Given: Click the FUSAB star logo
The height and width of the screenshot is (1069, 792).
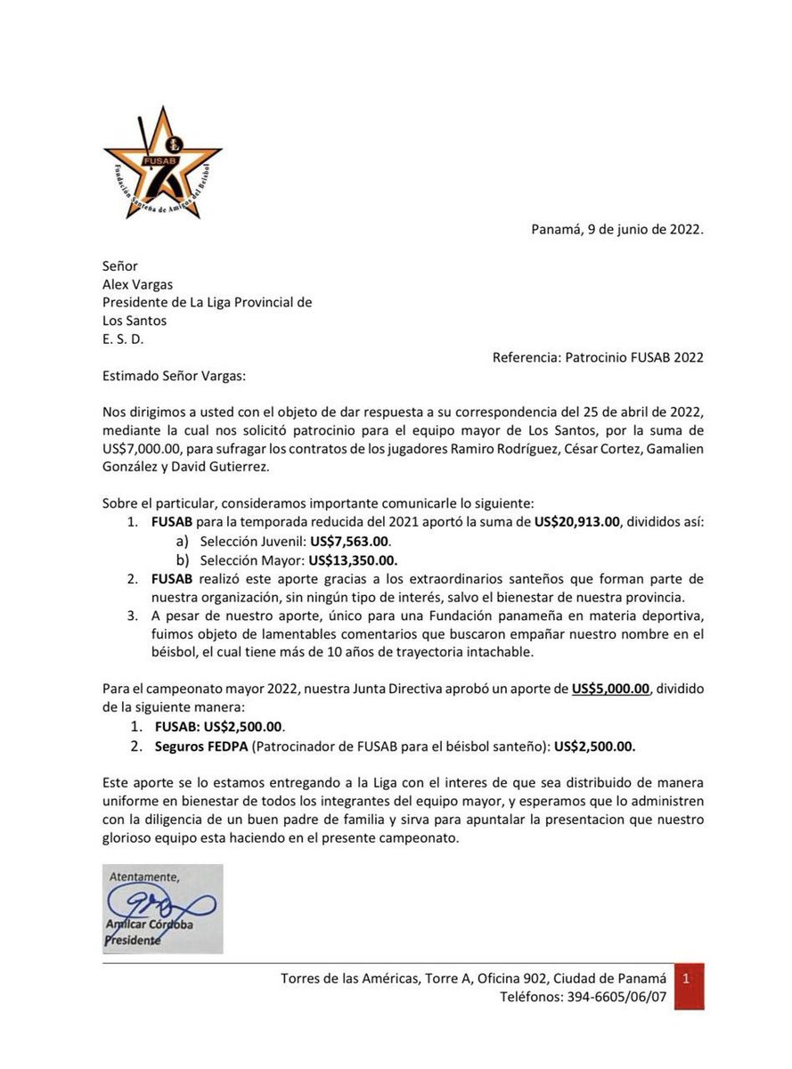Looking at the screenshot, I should point(162,163).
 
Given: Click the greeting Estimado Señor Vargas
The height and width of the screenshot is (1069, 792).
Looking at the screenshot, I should point(173,376).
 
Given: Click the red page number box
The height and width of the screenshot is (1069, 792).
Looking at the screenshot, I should point(688,985).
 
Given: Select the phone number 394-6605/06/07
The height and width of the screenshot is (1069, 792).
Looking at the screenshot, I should point(616,998).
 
